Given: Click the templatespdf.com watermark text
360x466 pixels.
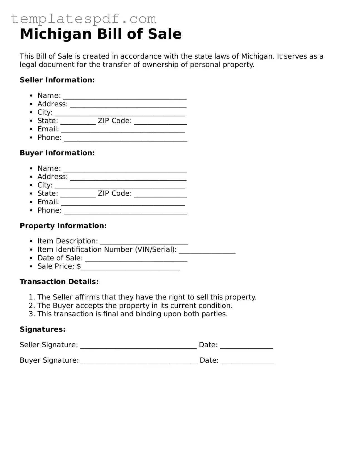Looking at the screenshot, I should coord(84,19).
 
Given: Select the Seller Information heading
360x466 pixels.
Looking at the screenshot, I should coord(57,80).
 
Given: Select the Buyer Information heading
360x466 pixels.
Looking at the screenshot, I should coord(57,153).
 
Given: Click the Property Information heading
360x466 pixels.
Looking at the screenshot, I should coord(63,226).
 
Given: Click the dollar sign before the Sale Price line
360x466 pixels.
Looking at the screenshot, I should coord(79,266).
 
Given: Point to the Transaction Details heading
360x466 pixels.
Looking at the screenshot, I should coord(59,282).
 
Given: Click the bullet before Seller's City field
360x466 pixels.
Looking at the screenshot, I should coord(31,113).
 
